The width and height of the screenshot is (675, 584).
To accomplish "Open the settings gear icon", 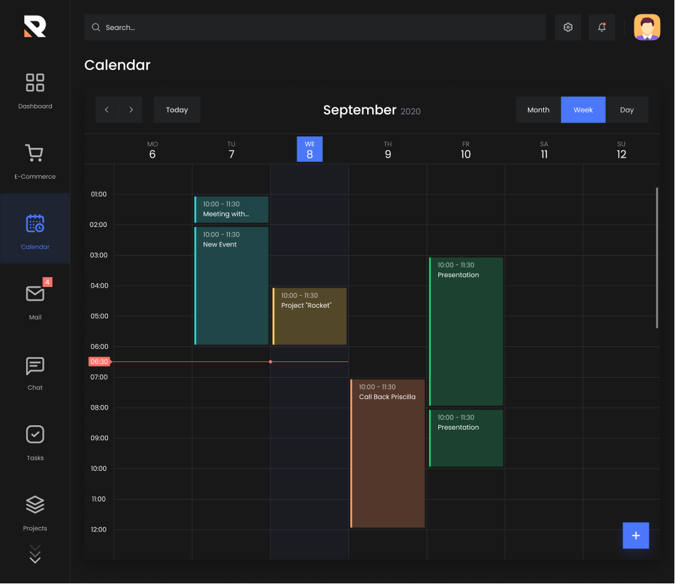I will (x=568, y=28).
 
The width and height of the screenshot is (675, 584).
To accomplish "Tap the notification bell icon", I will (x=602, y=28).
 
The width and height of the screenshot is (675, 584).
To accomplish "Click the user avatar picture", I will (x=647, y=28).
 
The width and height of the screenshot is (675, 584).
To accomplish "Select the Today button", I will (x=177, y=110).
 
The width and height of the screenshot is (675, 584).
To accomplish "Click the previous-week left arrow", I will (x=107, y=110).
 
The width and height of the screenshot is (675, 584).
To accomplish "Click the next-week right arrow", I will (x=131, y=110).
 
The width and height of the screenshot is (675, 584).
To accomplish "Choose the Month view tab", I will (x=538, y=110).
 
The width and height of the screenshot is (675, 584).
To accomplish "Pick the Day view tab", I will (x=627, y=110).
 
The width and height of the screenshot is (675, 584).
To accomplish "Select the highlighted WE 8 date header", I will (x=310, y=149).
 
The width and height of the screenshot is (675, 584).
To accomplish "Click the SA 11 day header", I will (x=544, y=150).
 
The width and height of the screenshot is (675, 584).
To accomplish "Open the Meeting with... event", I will (x=232, y=209).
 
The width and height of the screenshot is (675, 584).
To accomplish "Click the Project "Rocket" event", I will (x=310, y=316).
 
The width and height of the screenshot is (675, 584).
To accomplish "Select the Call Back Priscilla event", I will (x=388, y=453).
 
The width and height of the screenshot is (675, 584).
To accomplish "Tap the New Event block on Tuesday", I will (x=232, y=286).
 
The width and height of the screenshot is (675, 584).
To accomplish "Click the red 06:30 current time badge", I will (x=99, y=361).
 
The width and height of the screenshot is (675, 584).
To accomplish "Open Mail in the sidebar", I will (x=35, y=300).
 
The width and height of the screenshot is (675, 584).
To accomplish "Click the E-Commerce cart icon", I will (x=34, y=154).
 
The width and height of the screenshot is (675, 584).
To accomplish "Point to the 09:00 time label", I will (x=99, y=438).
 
